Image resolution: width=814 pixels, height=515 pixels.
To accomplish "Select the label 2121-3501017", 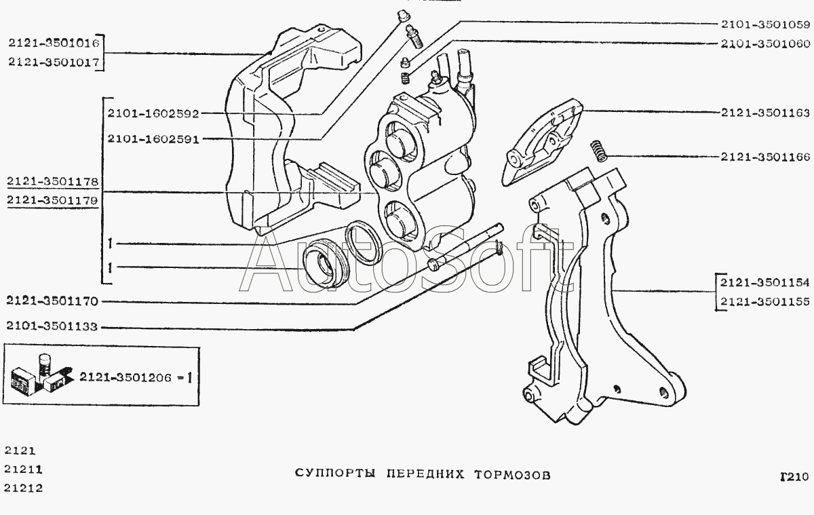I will click(x=54, y=62).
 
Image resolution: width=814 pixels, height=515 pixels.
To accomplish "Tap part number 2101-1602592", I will click(x=153, y=115).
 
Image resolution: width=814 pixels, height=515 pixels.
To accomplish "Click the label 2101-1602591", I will click(x=153, y=139).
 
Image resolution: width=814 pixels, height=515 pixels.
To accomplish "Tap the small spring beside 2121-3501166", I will click(x=598, y=150).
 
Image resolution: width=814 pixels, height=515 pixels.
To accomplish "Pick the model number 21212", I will click(x=23, y=487).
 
